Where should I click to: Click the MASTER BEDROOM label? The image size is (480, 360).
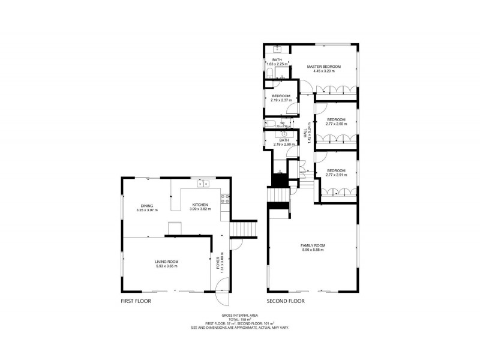(x=324, y=66)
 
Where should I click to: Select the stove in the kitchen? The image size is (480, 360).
(x=224, y=200)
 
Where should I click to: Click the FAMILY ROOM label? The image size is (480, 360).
(x=313, y=245)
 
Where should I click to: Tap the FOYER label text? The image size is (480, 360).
(x=218, y=262)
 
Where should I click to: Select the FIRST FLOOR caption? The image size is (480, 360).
(x=136, y=301)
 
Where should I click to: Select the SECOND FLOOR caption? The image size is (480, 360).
(x=286, y=301)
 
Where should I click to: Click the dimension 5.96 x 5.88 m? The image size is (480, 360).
(x=313, y=250)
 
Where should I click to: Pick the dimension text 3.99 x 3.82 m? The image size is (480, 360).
(x=200, y=209)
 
